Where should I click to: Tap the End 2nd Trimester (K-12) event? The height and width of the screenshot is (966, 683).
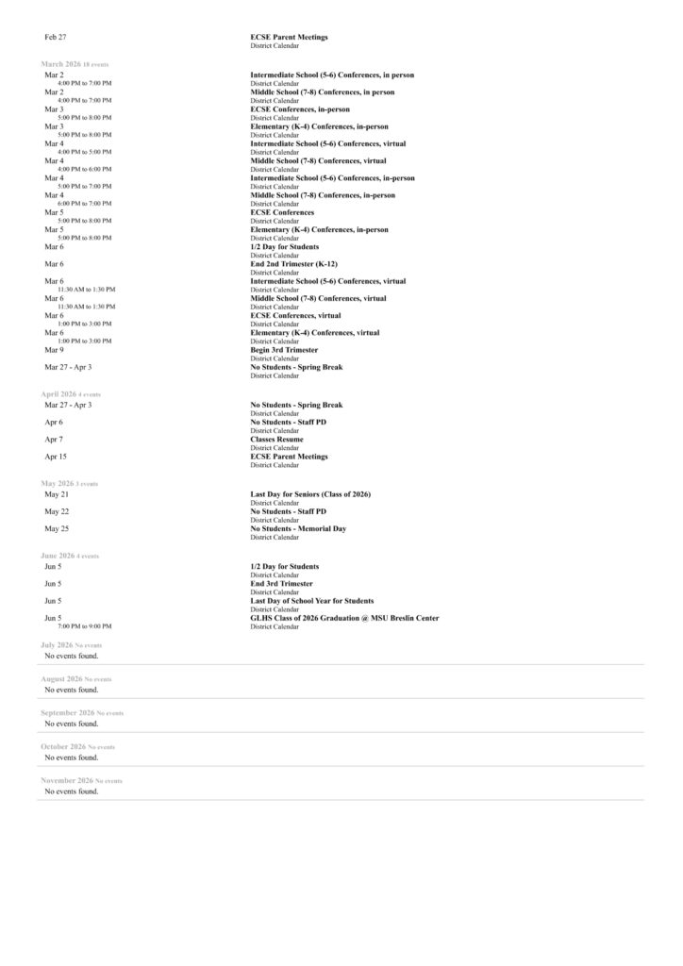pyautogui.click(x=295, y=264)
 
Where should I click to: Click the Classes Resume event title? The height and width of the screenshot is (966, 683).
pyautogui.click(x=276, y=440)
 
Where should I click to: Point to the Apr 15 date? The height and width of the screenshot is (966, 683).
pyautogui.click(x=56, y=457)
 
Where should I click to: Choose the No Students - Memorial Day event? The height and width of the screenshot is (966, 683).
pyautogui.click(x=298, y=529)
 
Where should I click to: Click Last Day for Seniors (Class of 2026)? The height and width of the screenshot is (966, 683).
pyautogui.click(x=310, y=494)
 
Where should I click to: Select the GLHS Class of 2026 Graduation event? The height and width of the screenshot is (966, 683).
pyautogui.click(x=344, y=618)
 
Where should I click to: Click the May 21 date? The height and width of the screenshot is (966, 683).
pyautogui.click(x=57, y=494)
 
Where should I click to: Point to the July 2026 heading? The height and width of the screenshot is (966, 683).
pyautogui.click(x=56, y=645)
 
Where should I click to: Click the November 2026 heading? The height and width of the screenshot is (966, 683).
pyautogui.click(x=66, y=781)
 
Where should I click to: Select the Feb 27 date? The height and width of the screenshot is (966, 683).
pyautogui.click(x=56, y=37)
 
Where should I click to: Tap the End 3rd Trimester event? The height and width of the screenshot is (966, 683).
pyautogui.click(x=281, y=584)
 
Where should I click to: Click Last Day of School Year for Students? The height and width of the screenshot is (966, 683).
pyautogui.click(x=311, y=601)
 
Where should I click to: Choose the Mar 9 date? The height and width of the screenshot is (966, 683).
pyautogui.click(x=54, y=350)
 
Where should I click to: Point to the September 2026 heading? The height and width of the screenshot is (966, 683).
pyautogui.click(x=67, y=713)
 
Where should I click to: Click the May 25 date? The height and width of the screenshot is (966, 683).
pyautogui.click(x=57, y=529)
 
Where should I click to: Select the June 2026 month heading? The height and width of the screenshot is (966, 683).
pyautogui.click(x=57, y=556)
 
